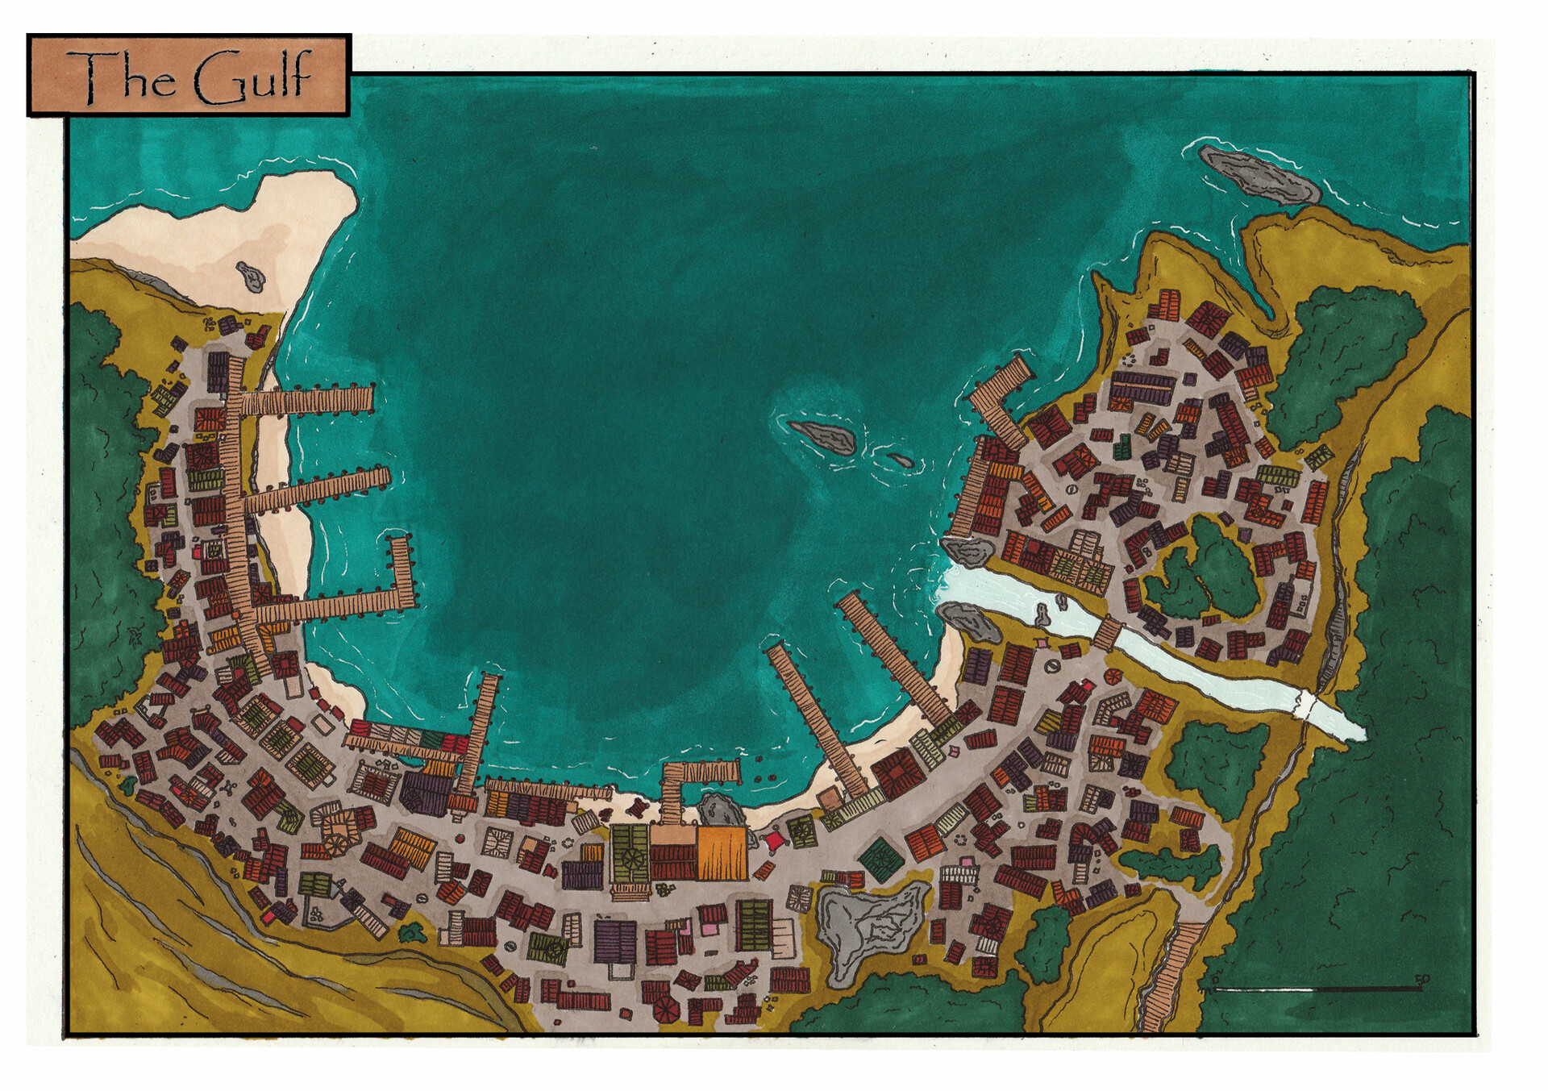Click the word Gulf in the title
252,78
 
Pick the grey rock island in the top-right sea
1258,174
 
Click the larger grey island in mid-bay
822,437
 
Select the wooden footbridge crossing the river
1108,633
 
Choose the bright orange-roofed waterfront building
722,853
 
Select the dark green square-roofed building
880,860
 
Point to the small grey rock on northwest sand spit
251,276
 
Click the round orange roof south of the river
1113,677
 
